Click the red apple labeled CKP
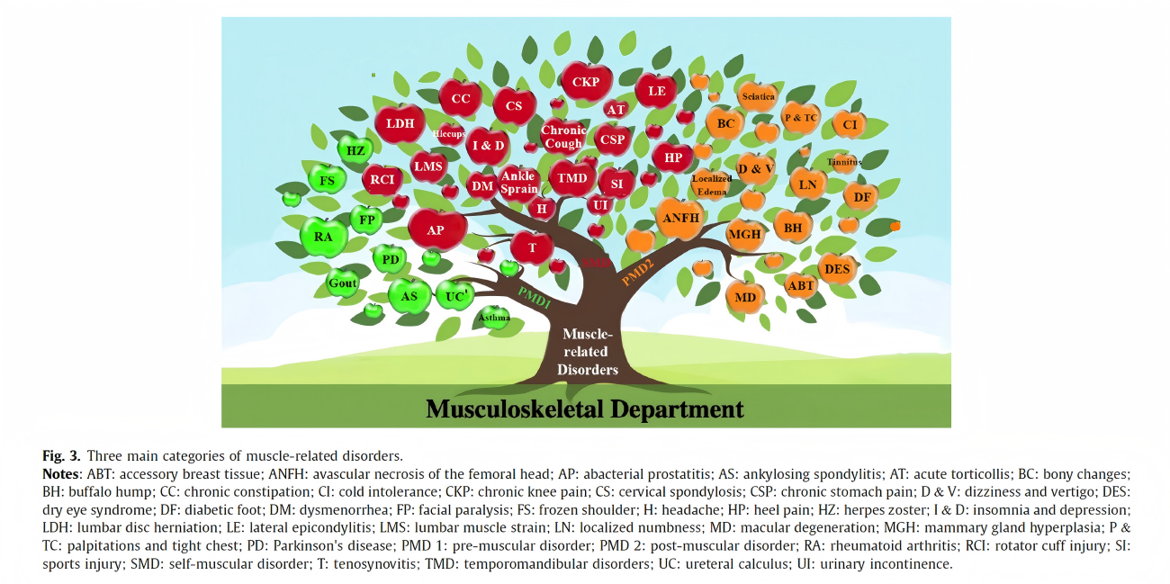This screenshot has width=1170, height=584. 586,82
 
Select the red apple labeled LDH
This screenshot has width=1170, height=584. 400,124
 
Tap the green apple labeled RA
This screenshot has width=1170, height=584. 323,238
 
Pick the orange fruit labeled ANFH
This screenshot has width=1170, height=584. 680,219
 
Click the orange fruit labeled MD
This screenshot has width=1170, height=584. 745,297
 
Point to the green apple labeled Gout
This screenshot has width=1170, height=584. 343,283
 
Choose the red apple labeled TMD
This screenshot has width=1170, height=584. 572,178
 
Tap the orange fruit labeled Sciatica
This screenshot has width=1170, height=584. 758,96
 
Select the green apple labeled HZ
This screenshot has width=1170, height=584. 355,150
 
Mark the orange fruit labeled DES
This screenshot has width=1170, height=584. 837,269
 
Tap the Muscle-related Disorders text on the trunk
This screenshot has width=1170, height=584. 587,352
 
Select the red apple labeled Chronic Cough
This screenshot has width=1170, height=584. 563,137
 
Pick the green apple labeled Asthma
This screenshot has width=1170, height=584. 494,318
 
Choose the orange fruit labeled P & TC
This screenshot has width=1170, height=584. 800,118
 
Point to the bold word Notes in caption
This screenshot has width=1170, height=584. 61,473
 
